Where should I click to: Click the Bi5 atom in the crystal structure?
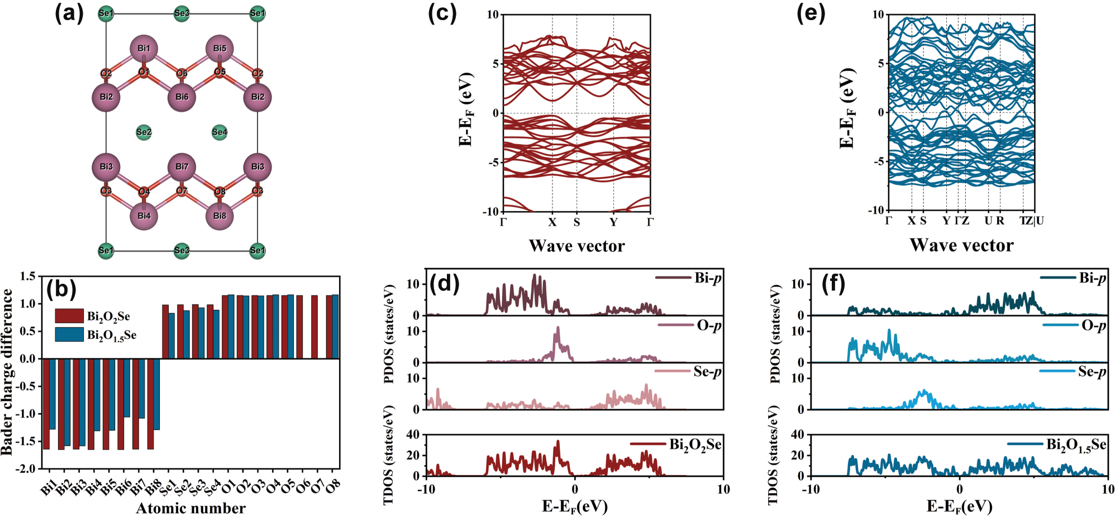[x=220, y=49]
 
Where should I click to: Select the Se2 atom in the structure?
[x=144, y=132]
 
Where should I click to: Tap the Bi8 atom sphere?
[x=220, y=216]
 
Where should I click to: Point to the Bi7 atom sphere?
[x=182, y=167]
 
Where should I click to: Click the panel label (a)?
[x=69, y=13]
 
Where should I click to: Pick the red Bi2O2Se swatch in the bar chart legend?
[x=69, y=316]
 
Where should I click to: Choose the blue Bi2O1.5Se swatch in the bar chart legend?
[x=69, y=335]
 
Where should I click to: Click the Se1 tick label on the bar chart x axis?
[x=167, y=488]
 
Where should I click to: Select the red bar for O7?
[x=315, y=327]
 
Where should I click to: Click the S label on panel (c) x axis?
[x=576, y=223]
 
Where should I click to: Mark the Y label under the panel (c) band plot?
[x=613, y=223]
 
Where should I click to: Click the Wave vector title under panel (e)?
[x=961, y=245]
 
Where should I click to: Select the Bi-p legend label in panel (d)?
[x=708, y=278]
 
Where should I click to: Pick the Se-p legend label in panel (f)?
[x=1092, y=372]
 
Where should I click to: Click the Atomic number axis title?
[x=190, y=508]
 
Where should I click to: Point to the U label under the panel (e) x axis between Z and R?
[x=988, y=221]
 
